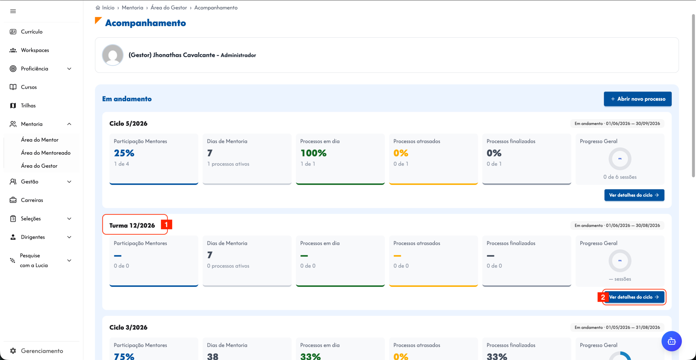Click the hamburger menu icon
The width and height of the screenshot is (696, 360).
coord(13,11)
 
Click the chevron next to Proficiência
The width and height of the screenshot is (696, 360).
coord(69,69)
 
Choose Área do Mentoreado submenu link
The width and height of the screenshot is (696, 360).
coord(46,153)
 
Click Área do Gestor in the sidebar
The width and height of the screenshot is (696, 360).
coord(39,166)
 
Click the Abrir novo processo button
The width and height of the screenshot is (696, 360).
coord(638,99)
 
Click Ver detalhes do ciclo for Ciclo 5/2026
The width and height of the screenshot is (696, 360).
coord(634,195)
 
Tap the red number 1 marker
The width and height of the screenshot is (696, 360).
coord(166,225)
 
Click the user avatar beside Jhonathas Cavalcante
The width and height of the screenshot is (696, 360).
coord(113,55)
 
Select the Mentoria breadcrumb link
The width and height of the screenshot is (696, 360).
coord(132,8)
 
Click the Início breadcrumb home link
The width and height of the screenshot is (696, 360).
coord(105,8)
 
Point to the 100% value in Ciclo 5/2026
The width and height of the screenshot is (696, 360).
coord(313,153)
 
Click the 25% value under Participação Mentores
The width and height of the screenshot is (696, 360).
coord(124,153)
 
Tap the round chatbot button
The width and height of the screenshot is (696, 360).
coord(672,341)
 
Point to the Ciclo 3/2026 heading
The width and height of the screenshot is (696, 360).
coord(128,327)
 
